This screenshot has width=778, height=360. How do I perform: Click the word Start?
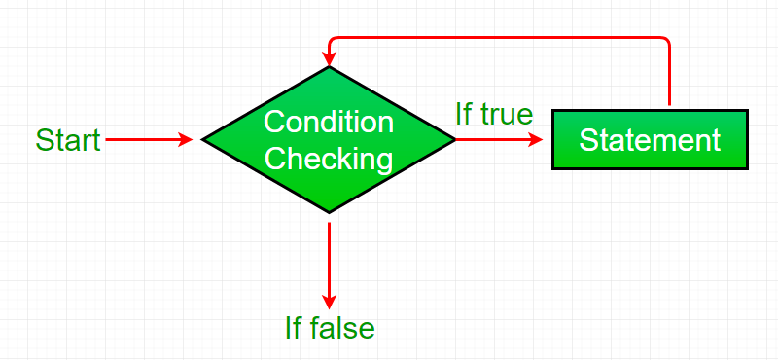click(68, 140)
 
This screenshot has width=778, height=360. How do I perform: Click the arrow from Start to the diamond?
click(146, 140)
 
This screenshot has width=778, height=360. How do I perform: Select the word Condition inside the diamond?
click(329, 123)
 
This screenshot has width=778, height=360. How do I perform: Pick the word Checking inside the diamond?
click(329, 158)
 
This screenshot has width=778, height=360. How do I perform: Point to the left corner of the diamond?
click(204, 140)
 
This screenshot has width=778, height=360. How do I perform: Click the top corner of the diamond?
click(330, 67)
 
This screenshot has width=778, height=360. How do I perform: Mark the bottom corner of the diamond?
click(330, 212)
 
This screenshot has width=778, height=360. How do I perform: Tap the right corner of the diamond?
click(454, 140)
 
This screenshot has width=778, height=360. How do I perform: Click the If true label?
click(494, 115)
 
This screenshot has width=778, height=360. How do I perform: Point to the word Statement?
click(650, 140)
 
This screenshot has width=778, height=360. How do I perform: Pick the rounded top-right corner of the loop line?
click(666, 40)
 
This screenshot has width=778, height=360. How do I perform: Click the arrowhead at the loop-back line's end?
click(330, 57)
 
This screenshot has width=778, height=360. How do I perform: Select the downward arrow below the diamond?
click(330, 258)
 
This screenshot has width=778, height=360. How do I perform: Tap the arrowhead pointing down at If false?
click(330, 300)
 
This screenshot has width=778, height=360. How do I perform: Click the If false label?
click(330, 328)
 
